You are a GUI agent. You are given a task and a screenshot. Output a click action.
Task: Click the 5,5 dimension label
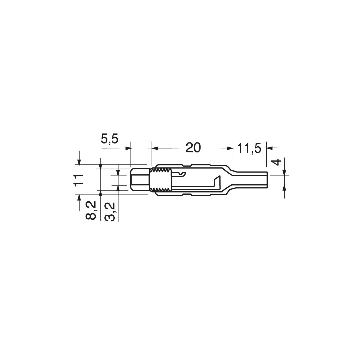[110, 139]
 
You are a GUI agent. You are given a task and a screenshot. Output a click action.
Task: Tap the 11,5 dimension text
[249, 148]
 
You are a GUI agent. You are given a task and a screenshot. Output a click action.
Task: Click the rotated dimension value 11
[78, 180]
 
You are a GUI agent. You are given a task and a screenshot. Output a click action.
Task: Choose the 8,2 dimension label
[91, 210]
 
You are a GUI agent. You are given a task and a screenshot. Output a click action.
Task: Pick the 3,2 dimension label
[109, 212]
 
